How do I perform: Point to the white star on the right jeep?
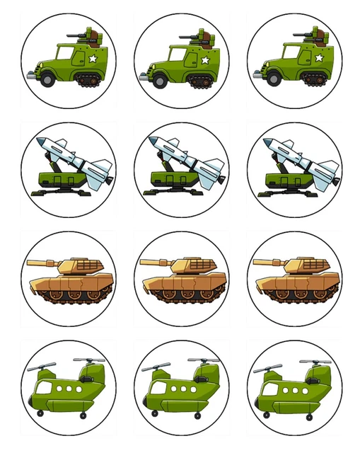[318, 58]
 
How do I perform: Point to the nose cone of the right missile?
[268, 142]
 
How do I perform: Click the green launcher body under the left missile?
[59, 177]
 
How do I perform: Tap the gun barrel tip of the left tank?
[29, 263]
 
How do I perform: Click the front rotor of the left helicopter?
[42, 367]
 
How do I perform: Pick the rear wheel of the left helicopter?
[85, 415]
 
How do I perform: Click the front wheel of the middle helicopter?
[153, 412]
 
